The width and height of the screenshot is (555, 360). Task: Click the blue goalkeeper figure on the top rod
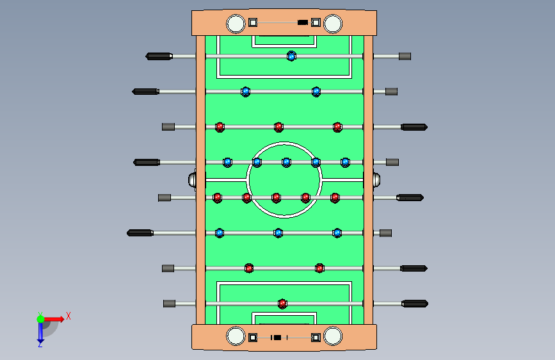(x=291, y=56)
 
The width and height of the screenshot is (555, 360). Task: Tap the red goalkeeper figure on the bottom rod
(x=282, y=304)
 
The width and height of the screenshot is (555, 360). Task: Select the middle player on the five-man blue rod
(x=286, y=162)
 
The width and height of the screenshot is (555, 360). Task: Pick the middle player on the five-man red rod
(x=276, y=197)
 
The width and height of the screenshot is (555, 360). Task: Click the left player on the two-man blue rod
(x=245, y=92)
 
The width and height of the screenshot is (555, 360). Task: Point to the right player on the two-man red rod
(x=319, y=268)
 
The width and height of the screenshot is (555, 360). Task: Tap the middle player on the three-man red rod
(x=278, y=127)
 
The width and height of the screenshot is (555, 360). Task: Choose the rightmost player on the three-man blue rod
(x=337, y=233)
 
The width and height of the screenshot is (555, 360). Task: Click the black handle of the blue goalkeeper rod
(x=159, y=56)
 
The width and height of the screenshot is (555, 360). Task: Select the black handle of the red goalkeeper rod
(x=415, y=303)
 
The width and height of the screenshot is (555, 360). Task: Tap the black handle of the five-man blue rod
(x=147, y=162)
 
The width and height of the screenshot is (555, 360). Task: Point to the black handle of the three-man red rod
(x=414, y=127)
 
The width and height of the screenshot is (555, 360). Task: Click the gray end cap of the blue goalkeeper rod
(x=405, y=56)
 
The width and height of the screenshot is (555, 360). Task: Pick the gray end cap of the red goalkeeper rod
(x=169, y=303)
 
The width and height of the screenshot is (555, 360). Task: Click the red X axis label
(x=68, y=316)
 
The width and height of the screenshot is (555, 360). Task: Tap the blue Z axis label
(x=40, y=344)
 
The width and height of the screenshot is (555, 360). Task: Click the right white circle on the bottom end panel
(x=333, y=336)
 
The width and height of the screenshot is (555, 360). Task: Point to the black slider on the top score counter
(x=302, y=23)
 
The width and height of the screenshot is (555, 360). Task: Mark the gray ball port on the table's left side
(x=193, y=179)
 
